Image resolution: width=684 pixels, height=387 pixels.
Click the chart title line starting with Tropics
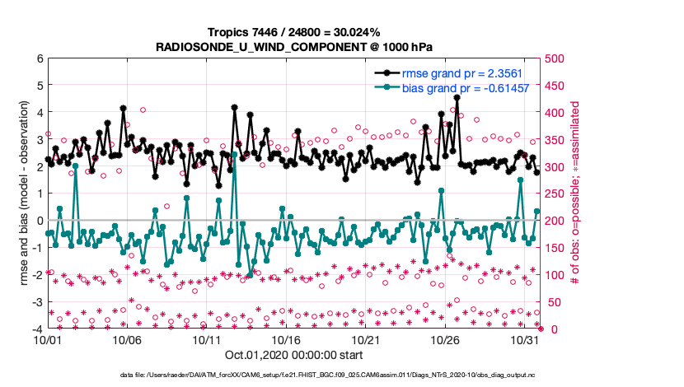(294, 32)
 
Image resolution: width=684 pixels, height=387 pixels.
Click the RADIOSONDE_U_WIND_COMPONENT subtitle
(294, 47)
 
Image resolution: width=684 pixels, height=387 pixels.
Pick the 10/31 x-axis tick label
(524, 339)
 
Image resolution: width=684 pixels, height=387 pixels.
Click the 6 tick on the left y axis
(39, 59)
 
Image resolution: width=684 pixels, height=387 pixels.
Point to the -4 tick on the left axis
(36, 329)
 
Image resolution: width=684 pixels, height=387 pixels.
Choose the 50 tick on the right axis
(553, 302)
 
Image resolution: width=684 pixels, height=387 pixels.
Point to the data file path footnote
(294, 376)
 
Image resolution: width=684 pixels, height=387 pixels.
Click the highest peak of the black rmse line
(457, 97)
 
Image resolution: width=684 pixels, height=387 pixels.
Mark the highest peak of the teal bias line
(75, 166)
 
